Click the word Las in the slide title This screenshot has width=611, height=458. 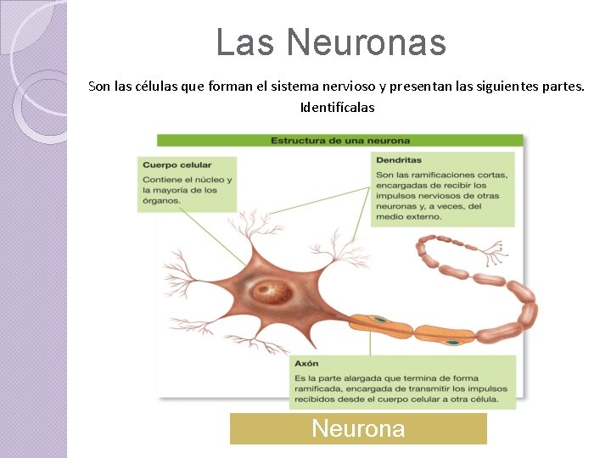point(245,42)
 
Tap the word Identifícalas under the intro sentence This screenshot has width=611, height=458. point(337,108)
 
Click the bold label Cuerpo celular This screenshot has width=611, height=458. point(177,165)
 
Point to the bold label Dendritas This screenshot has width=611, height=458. point(398,159)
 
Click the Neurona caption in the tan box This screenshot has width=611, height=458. point(358,429)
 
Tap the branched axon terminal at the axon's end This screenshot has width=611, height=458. point(491,249)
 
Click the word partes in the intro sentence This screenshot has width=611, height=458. point(562,87)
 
